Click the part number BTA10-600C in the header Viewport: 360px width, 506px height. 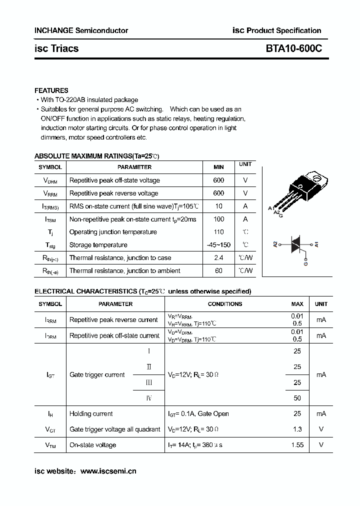(294, 48)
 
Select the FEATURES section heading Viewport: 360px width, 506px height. (51, 90)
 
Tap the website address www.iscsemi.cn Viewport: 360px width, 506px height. (108, 470)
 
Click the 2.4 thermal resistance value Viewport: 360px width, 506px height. (218, 257)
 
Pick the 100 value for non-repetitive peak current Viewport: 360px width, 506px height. (218, 219)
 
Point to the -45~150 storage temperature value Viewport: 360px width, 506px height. (218, 245)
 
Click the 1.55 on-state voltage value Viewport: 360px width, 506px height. (297, 444)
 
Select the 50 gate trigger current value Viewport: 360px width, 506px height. (297, 398)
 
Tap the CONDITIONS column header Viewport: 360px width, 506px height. (224, 304)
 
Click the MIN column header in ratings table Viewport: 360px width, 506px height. (218, 167)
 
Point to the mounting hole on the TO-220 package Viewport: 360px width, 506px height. (315, 176)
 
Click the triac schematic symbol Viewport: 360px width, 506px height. (296, 245)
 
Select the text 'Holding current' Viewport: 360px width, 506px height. (91, 413)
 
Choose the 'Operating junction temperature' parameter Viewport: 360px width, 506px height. (113, 232)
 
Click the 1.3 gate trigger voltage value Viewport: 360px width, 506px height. (297, 429)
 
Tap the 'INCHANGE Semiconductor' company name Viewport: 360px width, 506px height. (81, 30)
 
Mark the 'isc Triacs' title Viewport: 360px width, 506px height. (56, 48)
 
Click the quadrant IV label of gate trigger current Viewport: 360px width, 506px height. (148, 398)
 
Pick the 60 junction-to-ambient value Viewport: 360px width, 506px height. (218, 270)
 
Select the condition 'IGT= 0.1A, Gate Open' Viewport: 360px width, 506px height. (198, 413)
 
